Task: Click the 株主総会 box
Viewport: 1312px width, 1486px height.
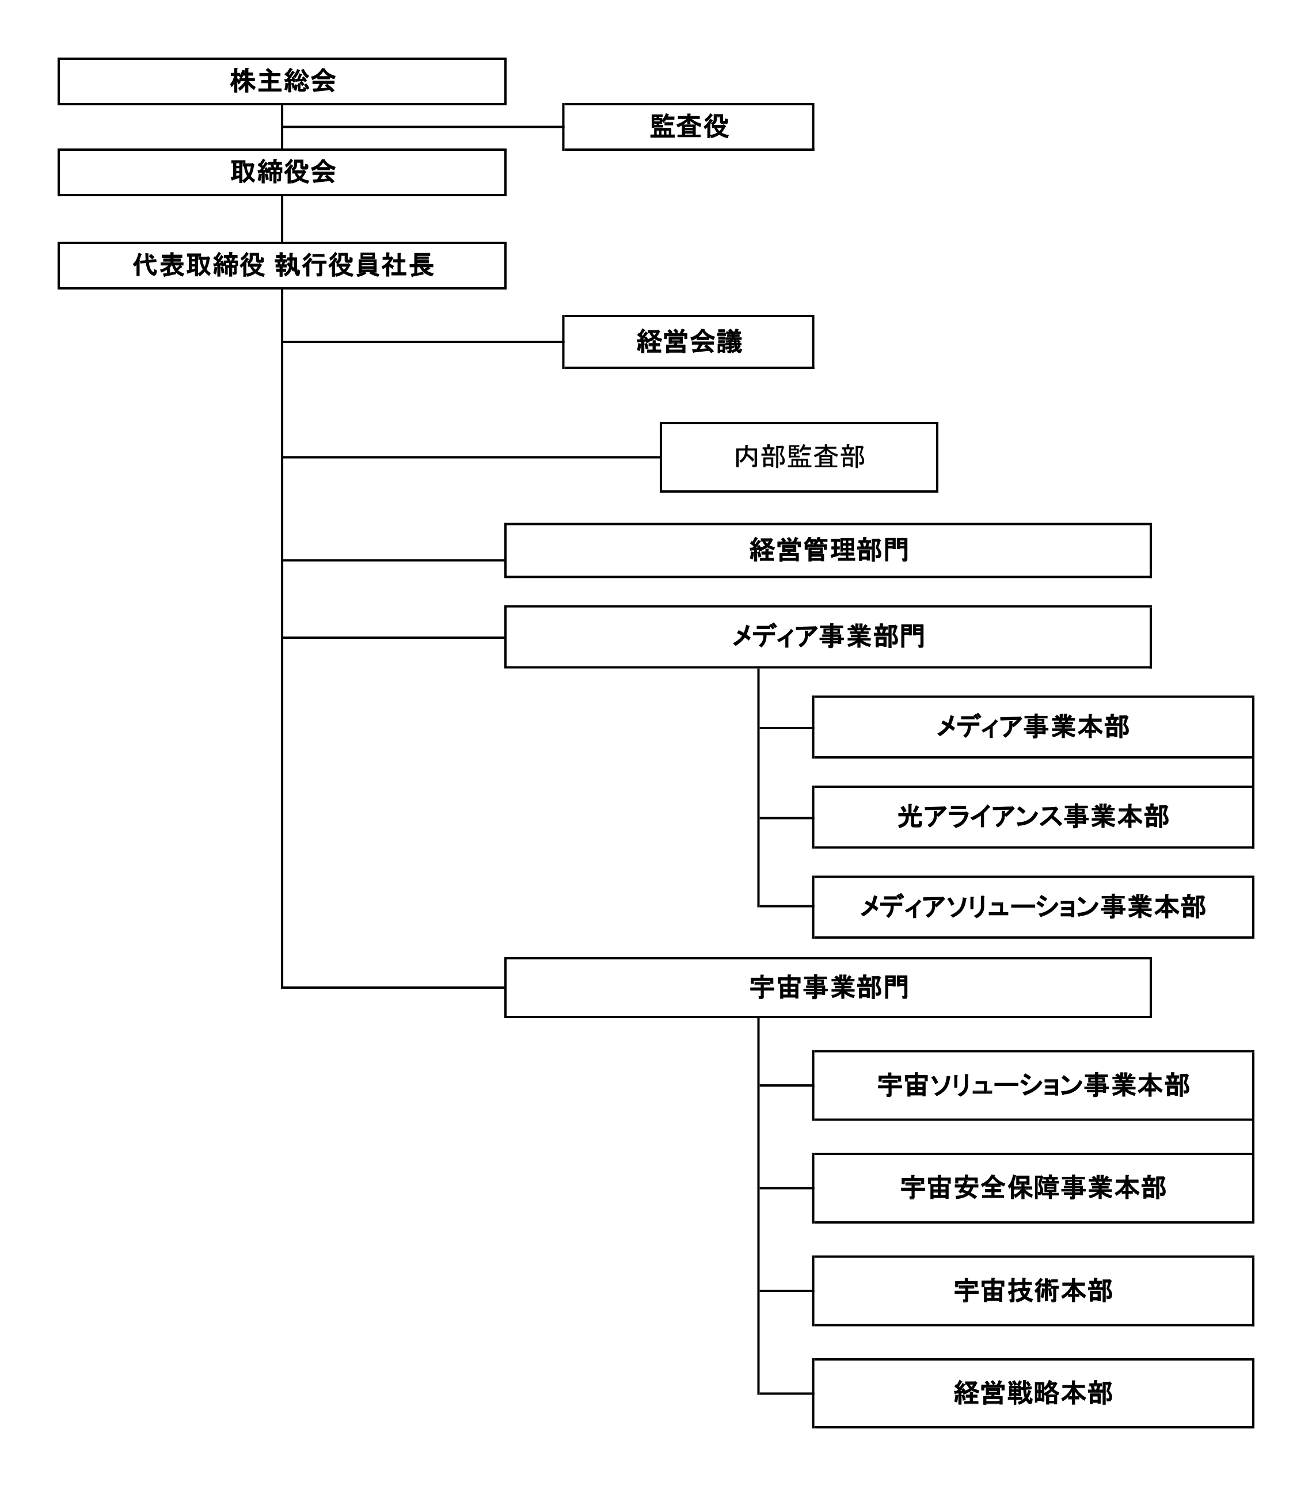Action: coord(282,81)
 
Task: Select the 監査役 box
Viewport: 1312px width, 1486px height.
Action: coord(688,127)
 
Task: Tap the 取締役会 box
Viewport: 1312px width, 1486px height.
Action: coord(282,172)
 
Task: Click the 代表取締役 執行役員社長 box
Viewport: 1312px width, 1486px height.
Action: coord(282,265)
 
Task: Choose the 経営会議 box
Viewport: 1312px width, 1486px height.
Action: coord(688,342)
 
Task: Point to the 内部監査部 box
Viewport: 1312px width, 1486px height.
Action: coord(798,458)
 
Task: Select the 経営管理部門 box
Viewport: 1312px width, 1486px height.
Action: coord(828,550)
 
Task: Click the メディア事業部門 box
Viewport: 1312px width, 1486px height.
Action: coord(828,637)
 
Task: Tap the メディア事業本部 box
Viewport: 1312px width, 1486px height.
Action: coord(1033,727)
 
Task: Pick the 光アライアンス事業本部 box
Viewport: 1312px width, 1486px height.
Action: coord(1033,817)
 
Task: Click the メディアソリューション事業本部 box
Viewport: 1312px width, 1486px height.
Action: coord(1033,907)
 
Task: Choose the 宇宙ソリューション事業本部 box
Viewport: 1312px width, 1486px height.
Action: coord(1033,1085)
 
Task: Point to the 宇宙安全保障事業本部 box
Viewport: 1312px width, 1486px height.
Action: coord(1033,1188)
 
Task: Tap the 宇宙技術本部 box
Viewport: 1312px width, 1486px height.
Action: coord(1033,1291)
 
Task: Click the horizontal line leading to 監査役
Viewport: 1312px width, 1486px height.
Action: coord(423,127)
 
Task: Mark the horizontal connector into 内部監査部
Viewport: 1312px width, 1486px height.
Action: coord(471,458)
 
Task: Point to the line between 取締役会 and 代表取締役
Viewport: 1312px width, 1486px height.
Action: coord(282,219)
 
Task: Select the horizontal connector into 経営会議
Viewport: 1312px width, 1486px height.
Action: coord(423,342)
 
